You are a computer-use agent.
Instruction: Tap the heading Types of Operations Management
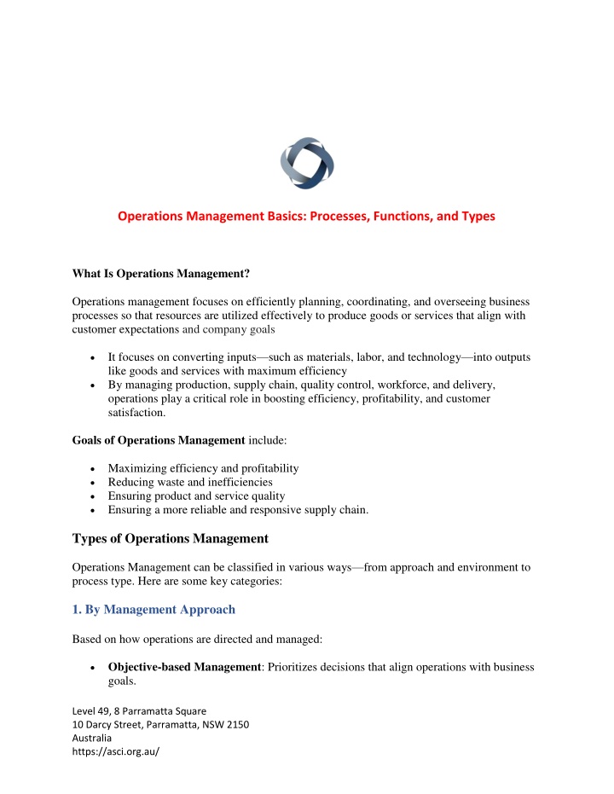171,538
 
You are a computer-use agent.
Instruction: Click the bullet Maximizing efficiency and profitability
204,468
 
